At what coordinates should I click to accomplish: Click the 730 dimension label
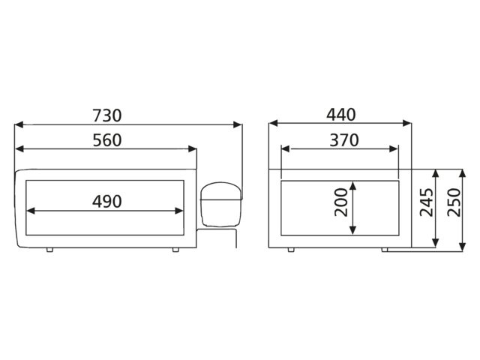[107, 115]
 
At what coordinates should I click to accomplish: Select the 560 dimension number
[107, 140]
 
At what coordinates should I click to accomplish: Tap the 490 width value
[107, 202]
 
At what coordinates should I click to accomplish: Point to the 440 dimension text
[341, 115]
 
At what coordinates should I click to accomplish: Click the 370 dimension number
[344, 140]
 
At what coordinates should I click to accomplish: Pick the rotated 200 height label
[341, 202]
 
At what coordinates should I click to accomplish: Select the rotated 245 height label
[427, 202]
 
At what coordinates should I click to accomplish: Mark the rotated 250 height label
[454, 202]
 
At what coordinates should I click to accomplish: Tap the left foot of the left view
[49, 250]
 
